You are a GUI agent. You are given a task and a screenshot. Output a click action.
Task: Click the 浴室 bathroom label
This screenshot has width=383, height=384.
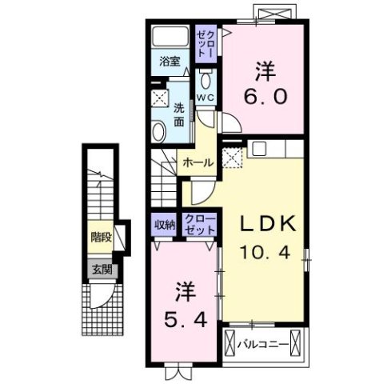pyautogui.click(x=167, y=60)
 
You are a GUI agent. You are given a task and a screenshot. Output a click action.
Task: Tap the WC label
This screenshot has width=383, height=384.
pyautogui.click(x=205, y=98)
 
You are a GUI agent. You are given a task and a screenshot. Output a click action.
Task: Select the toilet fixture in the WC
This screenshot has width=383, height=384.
pyautogui.click(x=205, y=80)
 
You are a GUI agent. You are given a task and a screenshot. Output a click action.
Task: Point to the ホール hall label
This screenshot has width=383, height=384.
pyautogui.click(x=197, y=162)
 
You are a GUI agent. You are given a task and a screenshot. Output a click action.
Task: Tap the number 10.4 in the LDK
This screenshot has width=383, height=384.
pyautogui.click(x=269, y=254)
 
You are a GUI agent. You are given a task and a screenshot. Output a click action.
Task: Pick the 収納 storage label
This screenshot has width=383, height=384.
pyautogui.click(x=165, y=225)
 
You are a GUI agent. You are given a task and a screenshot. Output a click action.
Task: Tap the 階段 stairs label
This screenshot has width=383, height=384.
pyautogui.click(x=101, y=238)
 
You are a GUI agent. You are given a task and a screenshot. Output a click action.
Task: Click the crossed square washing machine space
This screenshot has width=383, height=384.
pyautogui.click(x=159, y=99)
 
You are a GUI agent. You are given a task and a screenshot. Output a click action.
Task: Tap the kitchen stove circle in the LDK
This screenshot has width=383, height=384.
pyautogui.click(x=259, y=149)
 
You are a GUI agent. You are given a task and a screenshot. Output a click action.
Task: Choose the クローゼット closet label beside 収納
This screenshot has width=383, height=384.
pyautogui.click(x=199, y=225)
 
